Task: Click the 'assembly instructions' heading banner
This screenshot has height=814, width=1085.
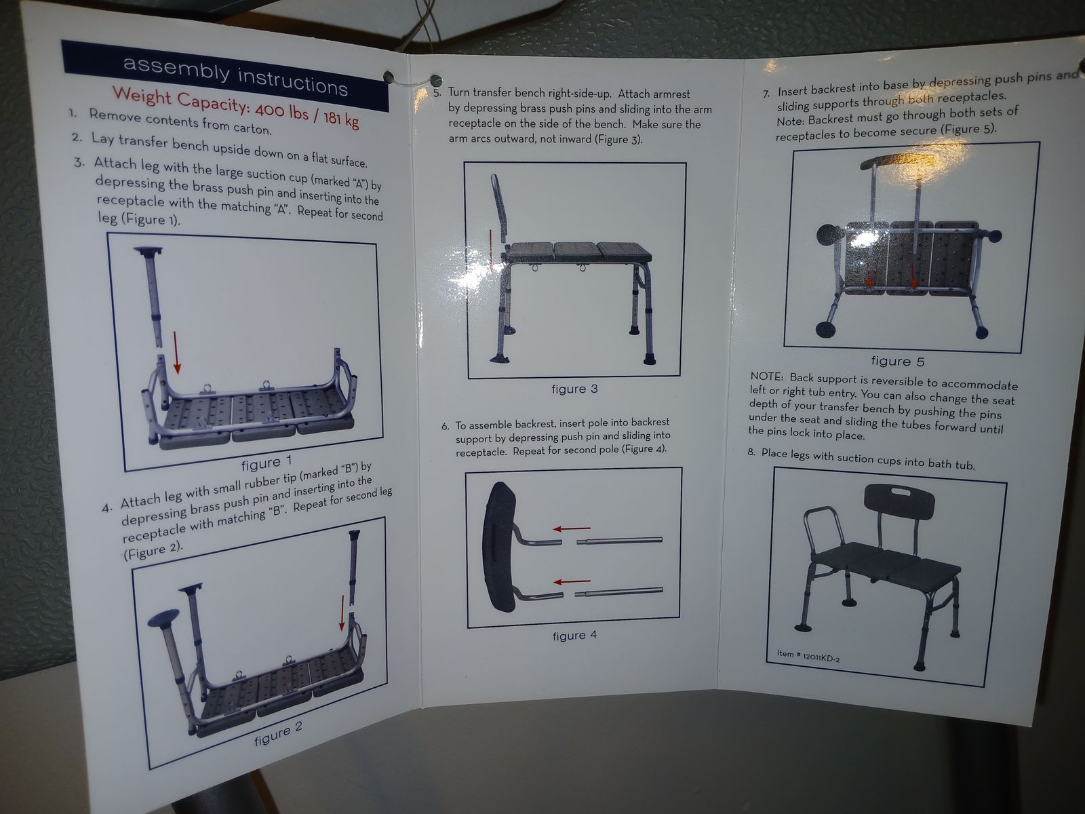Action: coord(225,75)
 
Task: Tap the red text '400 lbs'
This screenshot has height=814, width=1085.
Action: coord(281,109)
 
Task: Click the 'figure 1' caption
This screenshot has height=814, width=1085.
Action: coord(267,463)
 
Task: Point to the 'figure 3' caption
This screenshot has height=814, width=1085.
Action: coord(574,389)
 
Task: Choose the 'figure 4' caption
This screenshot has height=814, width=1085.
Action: coord(574,635)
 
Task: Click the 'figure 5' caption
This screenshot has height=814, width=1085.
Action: coord(898,362)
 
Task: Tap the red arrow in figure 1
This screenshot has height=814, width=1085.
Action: coord(176,352)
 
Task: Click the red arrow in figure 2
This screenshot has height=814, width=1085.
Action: coord(342,613)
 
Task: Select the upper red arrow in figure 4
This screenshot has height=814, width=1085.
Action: coord(572,528)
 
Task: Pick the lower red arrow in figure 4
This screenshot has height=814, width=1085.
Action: coord(572,581)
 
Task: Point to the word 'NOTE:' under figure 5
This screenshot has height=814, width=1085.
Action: coord(766,376)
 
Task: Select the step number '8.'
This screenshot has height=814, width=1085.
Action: coord(751,452)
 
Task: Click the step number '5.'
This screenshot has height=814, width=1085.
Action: coord(437,92)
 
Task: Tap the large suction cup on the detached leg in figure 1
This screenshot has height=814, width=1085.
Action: coord(147,251)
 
